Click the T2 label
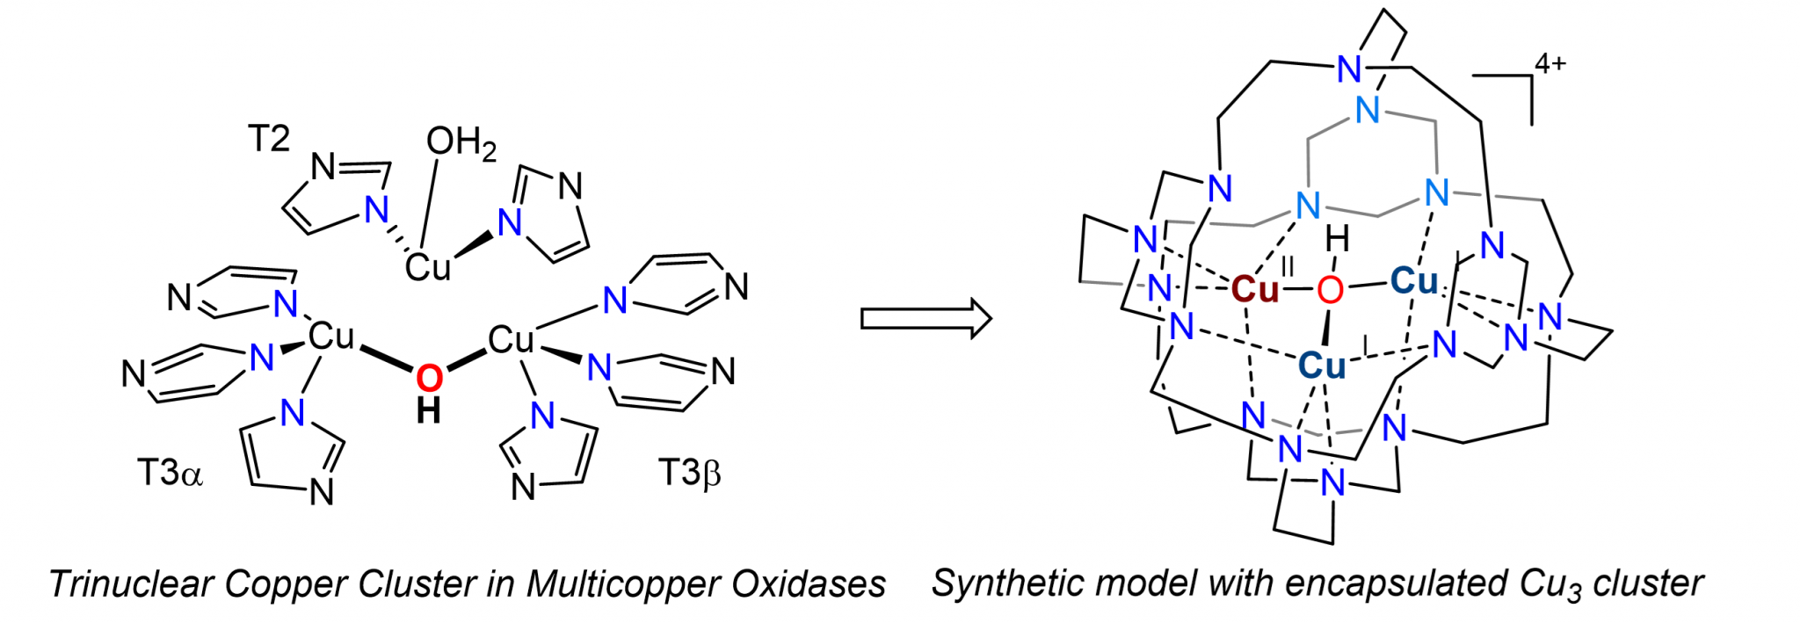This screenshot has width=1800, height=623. tap(268, 139)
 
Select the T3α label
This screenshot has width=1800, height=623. tap(170, 473)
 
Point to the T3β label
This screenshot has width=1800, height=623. tap(690, 473)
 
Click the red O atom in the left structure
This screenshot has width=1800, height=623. tap(429, 378)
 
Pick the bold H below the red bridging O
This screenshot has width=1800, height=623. tap(429, 411)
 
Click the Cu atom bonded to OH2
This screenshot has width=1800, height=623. tap(428, 266)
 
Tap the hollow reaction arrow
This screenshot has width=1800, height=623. tap(925, 318)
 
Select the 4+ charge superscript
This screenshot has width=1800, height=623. tap(1550, 64)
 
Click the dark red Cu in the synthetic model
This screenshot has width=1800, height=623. tap(1254, 289)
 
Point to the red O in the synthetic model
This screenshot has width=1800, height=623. tap(1330, 289)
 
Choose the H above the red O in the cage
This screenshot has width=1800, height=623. tap(1337, 238)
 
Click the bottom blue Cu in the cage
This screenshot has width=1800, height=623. tap(1322, 366)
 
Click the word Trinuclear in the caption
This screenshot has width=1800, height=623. tap(131, 584)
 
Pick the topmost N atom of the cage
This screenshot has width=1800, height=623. tap(1349, 69)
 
